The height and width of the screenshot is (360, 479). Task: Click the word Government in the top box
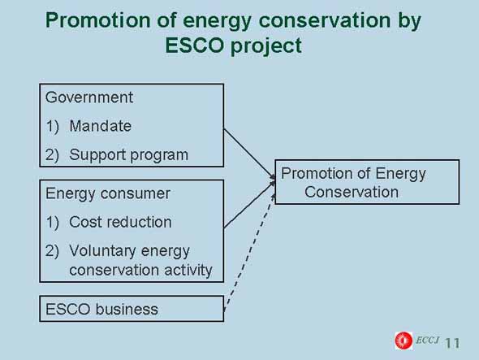point(88,98)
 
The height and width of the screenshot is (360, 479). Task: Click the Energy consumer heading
point(108,194)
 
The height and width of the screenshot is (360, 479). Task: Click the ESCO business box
point(132,309)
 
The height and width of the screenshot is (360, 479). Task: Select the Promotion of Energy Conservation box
point(367,182)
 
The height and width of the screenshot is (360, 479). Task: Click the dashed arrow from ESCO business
point(249,253)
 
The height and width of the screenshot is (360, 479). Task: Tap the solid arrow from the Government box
point(249,154)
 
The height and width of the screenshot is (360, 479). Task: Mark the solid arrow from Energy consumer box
point(249,205)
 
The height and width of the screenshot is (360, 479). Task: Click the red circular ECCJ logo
point(403,340)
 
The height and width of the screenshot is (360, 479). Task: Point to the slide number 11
point(452,343)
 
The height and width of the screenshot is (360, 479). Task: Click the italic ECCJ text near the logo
point(427,340)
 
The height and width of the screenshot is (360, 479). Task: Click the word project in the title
point(266,46)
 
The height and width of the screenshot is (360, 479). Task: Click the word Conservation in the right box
point(352,193)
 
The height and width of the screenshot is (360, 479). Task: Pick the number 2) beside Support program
point(52,155)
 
